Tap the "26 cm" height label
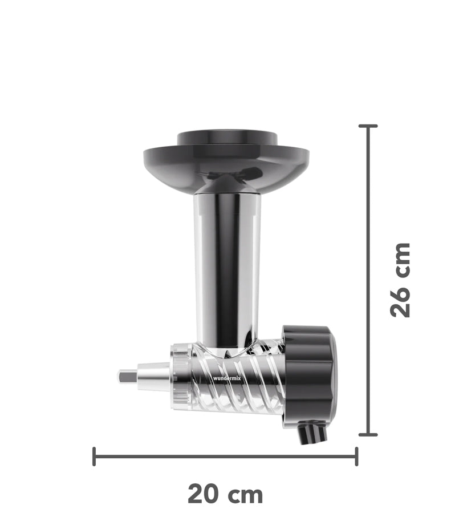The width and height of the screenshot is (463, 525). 401,280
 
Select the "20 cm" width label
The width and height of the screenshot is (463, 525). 225,494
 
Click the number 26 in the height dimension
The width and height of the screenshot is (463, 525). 401,300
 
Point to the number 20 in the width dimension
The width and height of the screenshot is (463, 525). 205,494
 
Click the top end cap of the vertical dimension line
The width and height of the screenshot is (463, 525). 368,126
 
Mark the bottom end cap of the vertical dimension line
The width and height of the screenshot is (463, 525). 368,434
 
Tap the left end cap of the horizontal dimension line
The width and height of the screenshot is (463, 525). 95,457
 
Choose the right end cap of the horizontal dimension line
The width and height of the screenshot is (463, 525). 356,457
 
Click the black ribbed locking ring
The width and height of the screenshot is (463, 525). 309,374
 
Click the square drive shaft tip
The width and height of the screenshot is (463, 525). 125,377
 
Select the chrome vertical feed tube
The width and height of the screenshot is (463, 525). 227,268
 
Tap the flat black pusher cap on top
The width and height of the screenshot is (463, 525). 227,138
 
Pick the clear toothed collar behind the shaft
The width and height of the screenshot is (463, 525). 179,377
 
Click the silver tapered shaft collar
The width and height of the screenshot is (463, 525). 153,377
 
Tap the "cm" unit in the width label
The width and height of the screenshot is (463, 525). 247,494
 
